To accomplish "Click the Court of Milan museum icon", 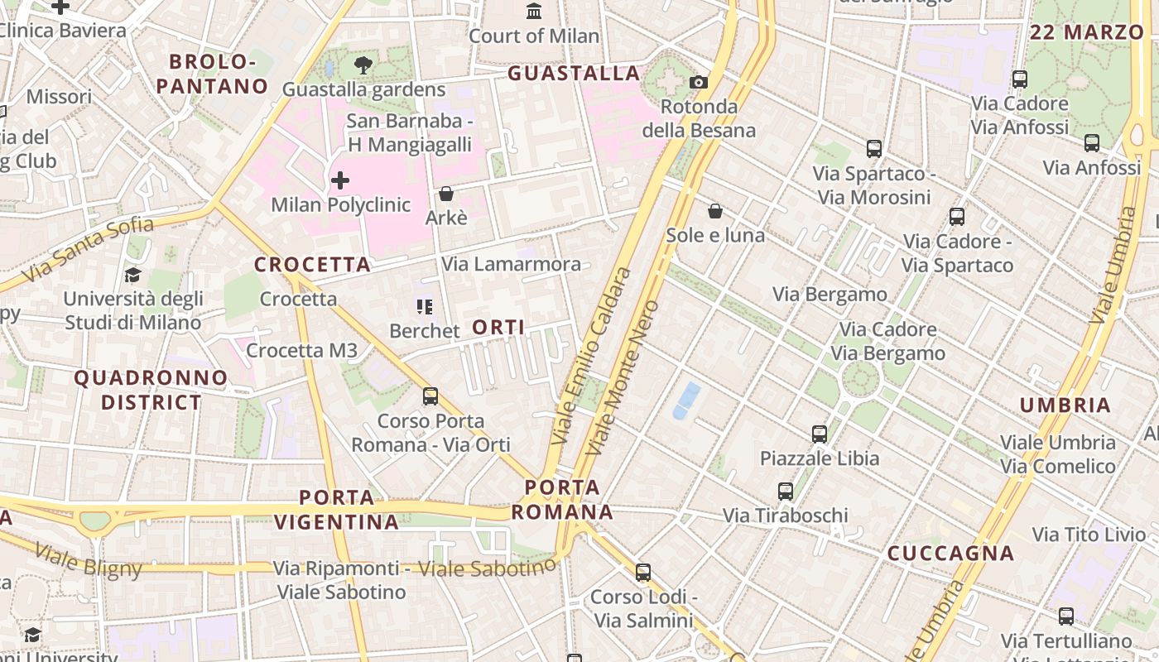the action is coord(534,12).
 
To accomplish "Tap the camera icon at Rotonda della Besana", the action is coord(699,82).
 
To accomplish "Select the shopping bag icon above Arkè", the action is coord(446,194).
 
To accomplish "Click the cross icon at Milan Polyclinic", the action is coord(339,180).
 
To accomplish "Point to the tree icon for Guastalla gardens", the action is coord(363,65).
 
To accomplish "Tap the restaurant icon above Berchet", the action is coord(425,308).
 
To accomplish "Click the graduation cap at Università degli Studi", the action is coord(132,275).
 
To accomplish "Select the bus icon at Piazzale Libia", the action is coord(820,434).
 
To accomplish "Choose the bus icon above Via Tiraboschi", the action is coord(786,492).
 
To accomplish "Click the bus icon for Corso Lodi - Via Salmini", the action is coord(642,572).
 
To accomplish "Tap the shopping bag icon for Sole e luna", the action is coord(715,212).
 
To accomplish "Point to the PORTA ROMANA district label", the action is coord(562,499).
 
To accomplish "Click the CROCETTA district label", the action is coord(312,265).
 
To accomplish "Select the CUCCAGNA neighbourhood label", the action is coord(950,554).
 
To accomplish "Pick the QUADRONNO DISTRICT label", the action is coord(151,390).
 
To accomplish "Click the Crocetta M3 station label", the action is coord(301,350).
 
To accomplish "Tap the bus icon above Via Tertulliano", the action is coord(1066,616).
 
